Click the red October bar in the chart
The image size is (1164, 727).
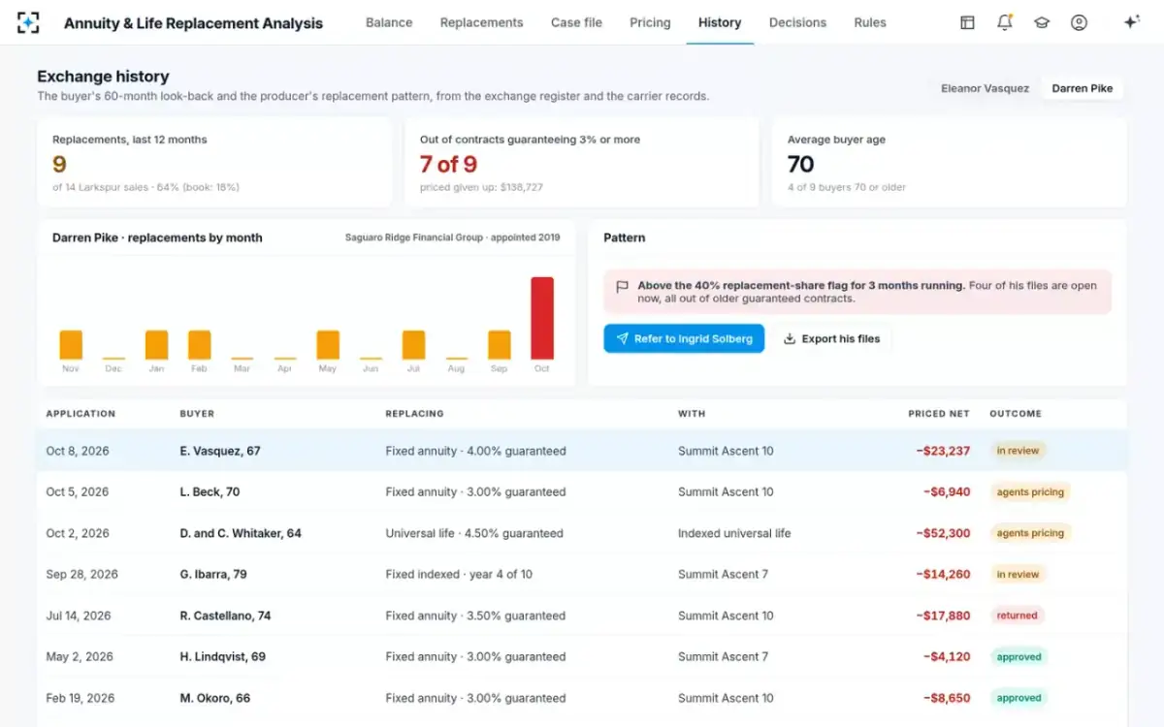coord(542,318)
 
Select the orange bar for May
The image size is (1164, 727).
coord(328,345)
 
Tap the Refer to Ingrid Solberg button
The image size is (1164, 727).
coord(684,338)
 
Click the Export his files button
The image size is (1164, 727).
coord(832,338)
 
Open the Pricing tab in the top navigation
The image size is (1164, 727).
coord(650,22)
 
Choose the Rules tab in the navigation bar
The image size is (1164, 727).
coord(870,22)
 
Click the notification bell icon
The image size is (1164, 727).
coord(1005,22)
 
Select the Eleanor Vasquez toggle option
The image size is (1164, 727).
coord(985,88)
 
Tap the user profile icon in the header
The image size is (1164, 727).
coord(1079,22)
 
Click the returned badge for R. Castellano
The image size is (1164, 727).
coord(1017,616)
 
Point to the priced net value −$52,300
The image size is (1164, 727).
coord(943,533)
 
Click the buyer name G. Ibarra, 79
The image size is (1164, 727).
coord(213,574)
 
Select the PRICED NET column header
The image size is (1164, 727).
coord(939,414)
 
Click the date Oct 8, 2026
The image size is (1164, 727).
coord(78,451)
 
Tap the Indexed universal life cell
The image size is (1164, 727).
coord(734,533)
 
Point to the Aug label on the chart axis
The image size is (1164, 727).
coord(456,368)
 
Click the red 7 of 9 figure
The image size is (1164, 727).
coord(448,164)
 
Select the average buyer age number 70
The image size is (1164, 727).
coord(800,164)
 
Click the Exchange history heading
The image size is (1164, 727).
coord(103,77)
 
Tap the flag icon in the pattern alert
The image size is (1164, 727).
coord(622,287)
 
